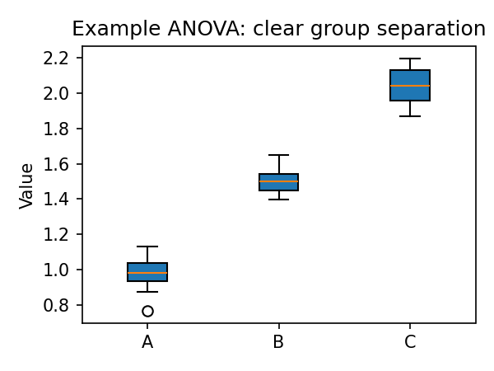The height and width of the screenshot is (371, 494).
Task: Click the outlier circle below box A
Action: (x=147, y=311)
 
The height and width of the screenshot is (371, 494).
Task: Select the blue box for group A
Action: (x=147, y=272)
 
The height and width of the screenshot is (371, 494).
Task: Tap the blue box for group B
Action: (x=278, y=182)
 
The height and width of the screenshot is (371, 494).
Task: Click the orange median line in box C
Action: (x=410, y=86)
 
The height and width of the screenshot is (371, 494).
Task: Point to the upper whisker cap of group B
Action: (x=278, y=155)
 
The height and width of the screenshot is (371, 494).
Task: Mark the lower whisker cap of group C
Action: (x=410, y=116)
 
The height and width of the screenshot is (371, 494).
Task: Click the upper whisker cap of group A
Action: (x=147, y=247)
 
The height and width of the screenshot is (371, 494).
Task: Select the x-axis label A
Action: (x=147, y=342)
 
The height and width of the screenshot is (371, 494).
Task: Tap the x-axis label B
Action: (x=278, y=342)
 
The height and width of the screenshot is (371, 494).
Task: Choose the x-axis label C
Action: (x=410, y=342)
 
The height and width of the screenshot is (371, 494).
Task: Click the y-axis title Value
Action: (x=27, y=185)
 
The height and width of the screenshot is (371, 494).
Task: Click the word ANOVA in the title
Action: (x=165, y=29)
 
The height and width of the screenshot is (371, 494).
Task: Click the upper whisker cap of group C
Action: (x=410, y=59)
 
